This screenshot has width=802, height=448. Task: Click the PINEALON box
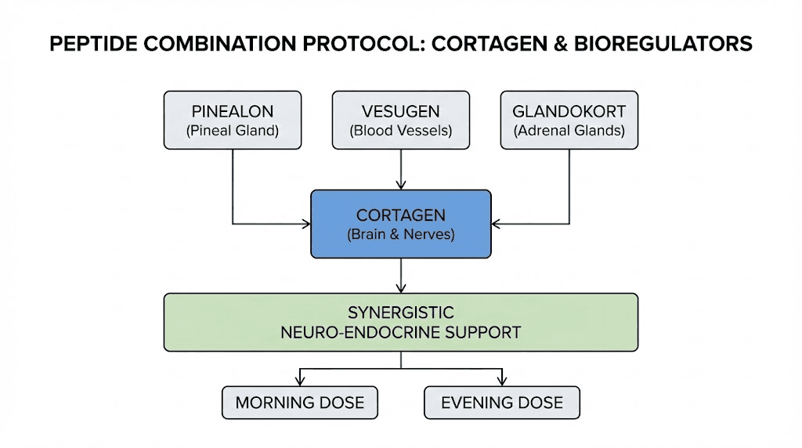[233, 120]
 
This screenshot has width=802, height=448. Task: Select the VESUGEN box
[401, 120]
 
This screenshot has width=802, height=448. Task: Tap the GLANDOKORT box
[569, 120]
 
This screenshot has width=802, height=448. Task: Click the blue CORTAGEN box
[401, 223]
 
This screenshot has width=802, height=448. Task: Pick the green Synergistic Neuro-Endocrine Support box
[401, 322]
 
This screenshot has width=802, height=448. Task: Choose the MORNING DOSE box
[300, 403]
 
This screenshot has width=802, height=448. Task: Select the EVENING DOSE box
[502, 403]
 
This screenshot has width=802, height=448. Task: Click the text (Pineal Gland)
[233, 132]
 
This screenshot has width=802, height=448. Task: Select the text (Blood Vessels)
[401, 132]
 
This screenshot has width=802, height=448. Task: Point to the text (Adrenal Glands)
[569, 132]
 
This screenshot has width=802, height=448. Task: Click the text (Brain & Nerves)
[401, 234]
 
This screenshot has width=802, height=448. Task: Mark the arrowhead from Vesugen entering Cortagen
[401, 186]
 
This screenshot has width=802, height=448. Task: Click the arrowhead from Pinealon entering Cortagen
[306, 224]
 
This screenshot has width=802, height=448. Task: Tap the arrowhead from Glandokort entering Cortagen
[497, 224]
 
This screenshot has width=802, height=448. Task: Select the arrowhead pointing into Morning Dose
[300, 381]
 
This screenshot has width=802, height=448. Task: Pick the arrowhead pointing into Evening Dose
[502, 381]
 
